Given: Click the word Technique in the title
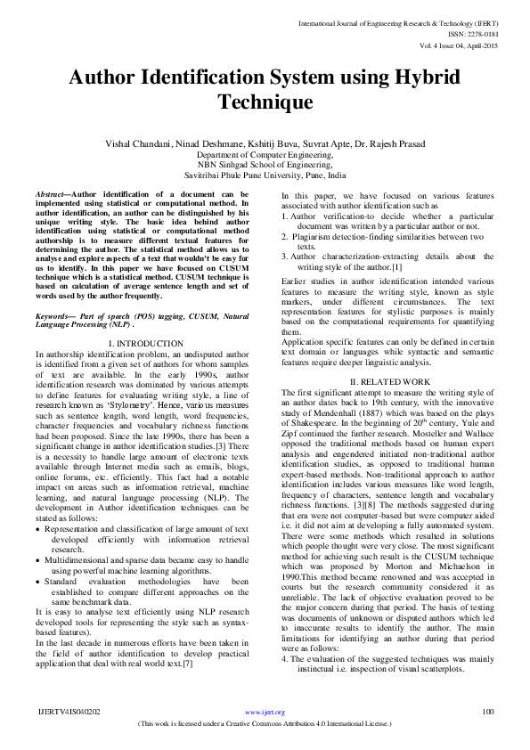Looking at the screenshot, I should [x=265, y=102].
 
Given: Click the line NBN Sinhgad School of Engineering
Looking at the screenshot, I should [x=265, y=165].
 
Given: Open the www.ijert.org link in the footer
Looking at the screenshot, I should [x=265, y=712].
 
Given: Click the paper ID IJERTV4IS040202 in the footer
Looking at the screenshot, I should [x=69, y=712].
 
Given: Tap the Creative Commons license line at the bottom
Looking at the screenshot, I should [x=265, y=724].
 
